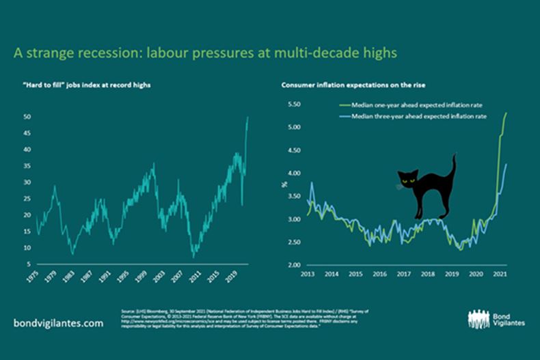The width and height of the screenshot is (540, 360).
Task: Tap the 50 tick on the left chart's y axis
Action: point(27,117)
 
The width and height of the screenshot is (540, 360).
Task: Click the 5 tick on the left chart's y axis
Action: point(29,264)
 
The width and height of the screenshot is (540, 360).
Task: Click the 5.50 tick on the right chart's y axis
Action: point(294,105)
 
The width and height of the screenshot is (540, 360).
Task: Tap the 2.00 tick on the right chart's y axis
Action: point(294,264)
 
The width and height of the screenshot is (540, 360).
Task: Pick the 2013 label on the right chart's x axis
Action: point(307,274)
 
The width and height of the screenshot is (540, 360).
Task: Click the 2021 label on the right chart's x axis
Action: point(500,274)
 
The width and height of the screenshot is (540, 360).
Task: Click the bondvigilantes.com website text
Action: point(59,322)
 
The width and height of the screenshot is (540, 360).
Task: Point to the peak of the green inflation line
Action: point(507,113)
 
